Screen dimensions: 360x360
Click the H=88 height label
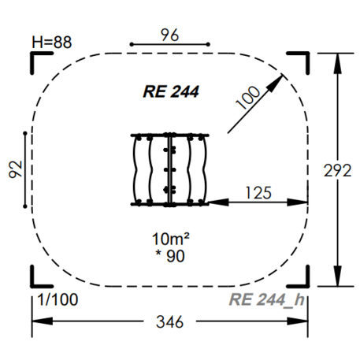pos(52,42)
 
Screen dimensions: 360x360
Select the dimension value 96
pos(169,35)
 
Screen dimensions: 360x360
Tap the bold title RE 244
pos(171,91)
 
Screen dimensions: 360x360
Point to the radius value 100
pos(247,97)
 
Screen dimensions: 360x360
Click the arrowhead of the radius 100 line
pos(276,83)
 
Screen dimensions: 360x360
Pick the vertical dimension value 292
pos(337,170)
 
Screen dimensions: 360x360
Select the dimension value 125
pos(258,193)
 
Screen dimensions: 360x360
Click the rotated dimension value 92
pos(15,169)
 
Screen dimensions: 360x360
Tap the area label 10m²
pos(171,239)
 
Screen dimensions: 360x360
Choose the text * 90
pos(170,256)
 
